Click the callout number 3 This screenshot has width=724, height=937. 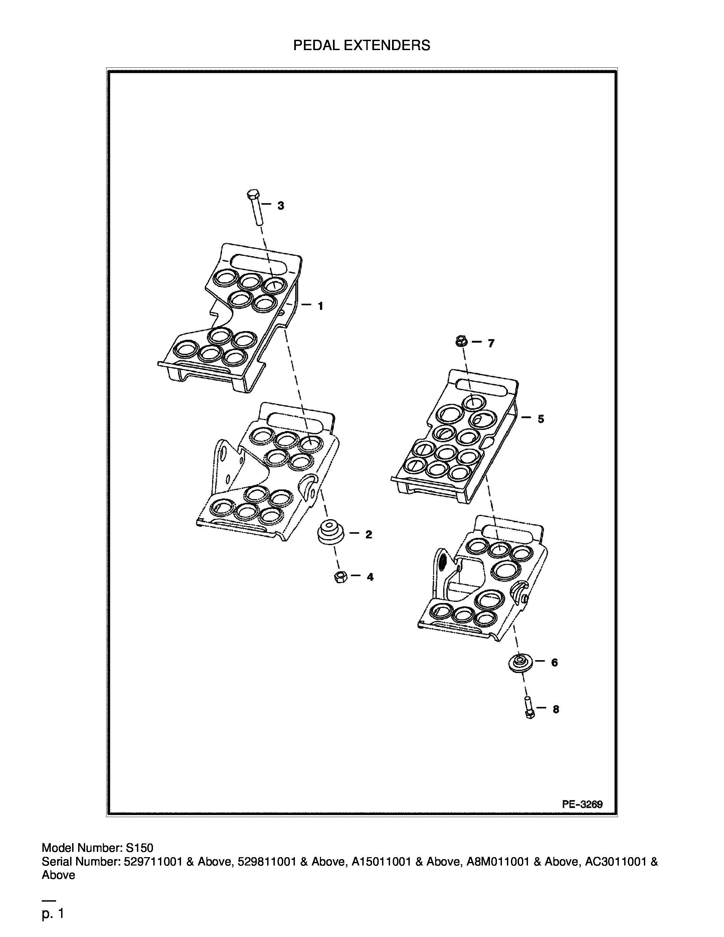click(281, 205)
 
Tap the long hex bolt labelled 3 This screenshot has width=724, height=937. click(255, 207)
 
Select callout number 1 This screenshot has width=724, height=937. click(320, 306)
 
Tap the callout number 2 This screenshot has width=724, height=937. click(368, 534)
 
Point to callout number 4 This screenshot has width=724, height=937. click(370, 577)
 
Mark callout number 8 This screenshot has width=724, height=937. click(556, 710)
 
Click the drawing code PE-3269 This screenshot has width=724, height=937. click(582, 804)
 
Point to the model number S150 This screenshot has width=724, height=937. click(139, 848)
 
